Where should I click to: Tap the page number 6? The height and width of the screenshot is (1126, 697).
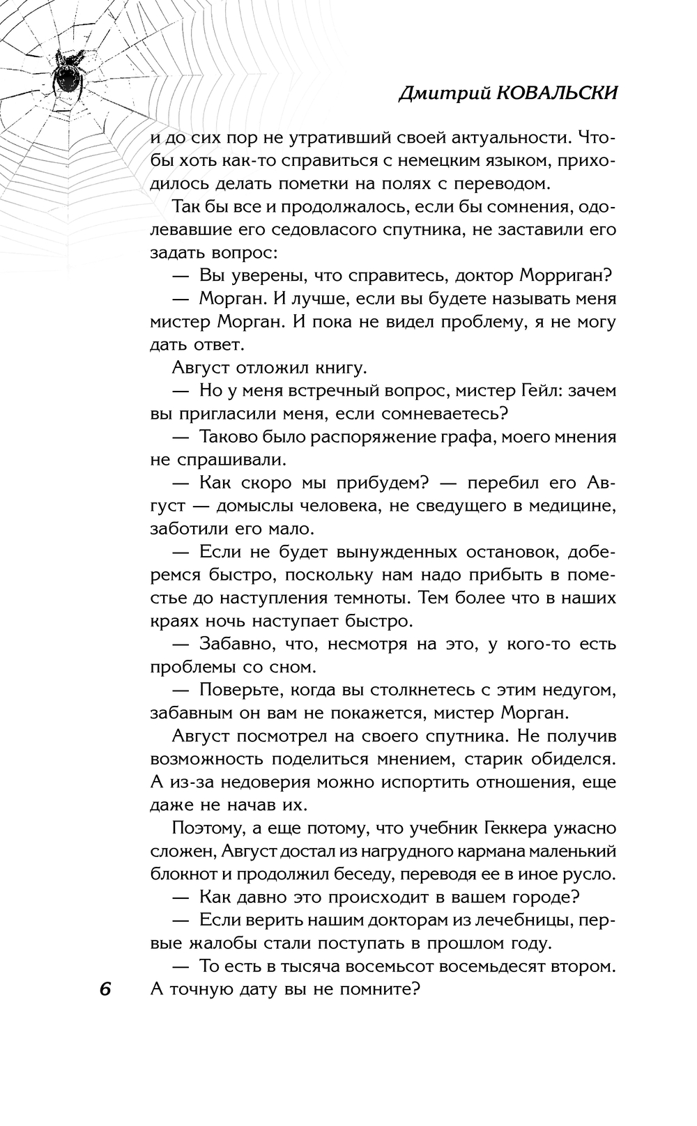[x=106, y=989]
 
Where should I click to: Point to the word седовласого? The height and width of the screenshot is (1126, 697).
[x=320, y=229]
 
